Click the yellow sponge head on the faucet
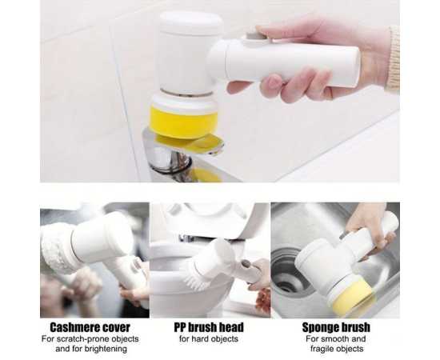(183, 122)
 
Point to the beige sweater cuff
(393, 59)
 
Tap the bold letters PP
(180, 327)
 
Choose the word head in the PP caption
(231, 327)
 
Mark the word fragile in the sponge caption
(323, 349)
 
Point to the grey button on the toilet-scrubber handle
(246, 264)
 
